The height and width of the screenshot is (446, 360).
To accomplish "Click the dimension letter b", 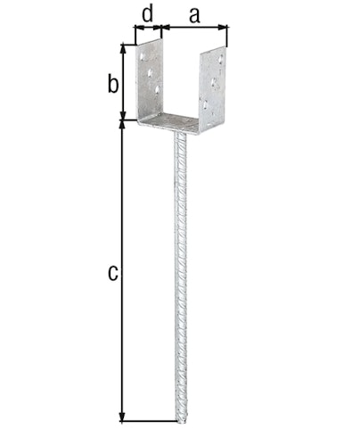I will (111, 85).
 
